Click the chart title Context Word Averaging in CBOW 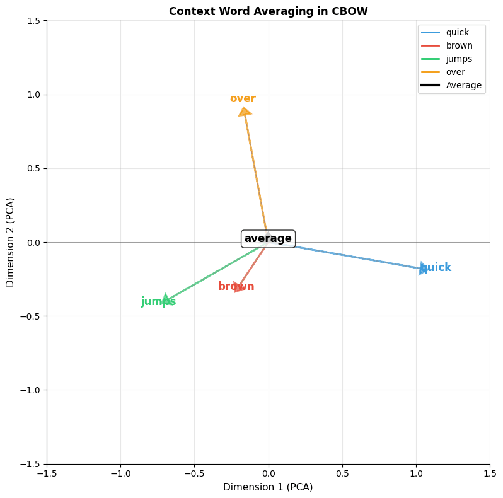[x=268, y=11]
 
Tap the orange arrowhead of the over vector [x=244, y=112]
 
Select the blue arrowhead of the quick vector [x=423, y=268]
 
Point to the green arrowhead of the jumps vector [x=166, y=299]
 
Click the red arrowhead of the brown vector [x=239, y=287]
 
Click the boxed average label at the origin [x=268, y=239]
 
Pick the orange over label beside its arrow [x=243, y=99]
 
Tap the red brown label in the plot [x=236, y=287]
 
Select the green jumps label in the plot [x=158, y=302]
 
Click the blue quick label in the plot [x=436, y=268]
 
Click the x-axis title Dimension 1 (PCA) [x=268, y=487]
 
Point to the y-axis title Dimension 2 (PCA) [x=11, y=242]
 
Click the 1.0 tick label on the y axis [x=33, y=95]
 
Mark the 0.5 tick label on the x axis [x=342, y=473]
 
